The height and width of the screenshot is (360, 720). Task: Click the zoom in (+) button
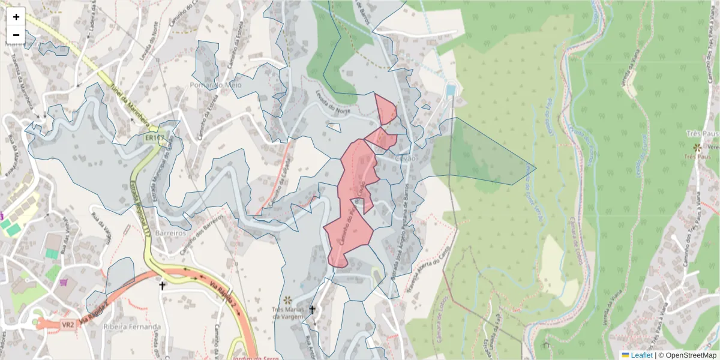click(16, 17)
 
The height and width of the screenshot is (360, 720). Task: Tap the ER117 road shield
click(154, 138)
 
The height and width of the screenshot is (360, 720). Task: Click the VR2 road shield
click(67, 325)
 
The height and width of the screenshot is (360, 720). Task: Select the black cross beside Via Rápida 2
click(161, 286)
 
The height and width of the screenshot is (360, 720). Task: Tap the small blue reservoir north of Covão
click(451, 90)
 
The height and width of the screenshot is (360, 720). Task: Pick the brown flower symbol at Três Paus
click(697, 147)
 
